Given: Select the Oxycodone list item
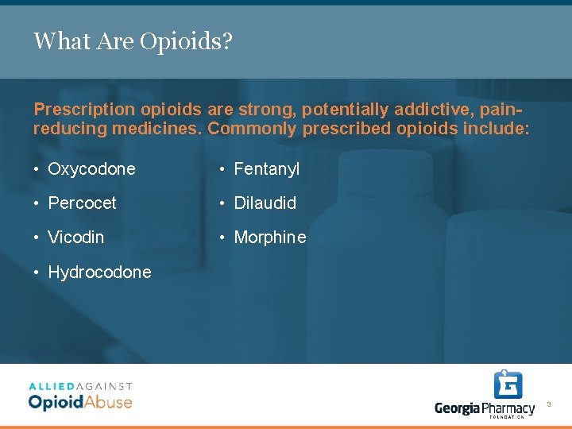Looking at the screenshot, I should click(x=91, y=169).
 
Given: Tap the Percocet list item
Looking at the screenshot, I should click(x=82, y=203).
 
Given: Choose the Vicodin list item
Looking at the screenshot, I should click(x=75, y=238).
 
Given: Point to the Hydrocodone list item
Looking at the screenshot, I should click(x=99, y=272).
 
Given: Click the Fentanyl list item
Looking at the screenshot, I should click(x=266, y=169).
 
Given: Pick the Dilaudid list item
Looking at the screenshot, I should click(x=265, y=203).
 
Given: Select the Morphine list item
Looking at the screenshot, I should click(x=269, y=238).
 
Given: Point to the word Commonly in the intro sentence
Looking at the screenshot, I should click(x=248, y=129).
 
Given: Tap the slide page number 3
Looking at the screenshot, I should click(x=548, y=405).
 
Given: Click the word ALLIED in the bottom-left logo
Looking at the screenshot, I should click(x=50, y=386).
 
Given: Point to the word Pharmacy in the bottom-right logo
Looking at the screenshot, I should click(x=508, y=408).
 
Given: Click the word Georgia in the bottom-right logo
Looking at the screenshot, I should click(x=458, y=408).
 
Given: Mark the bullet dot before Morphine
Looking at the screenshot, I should click(x=223, y=238).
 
